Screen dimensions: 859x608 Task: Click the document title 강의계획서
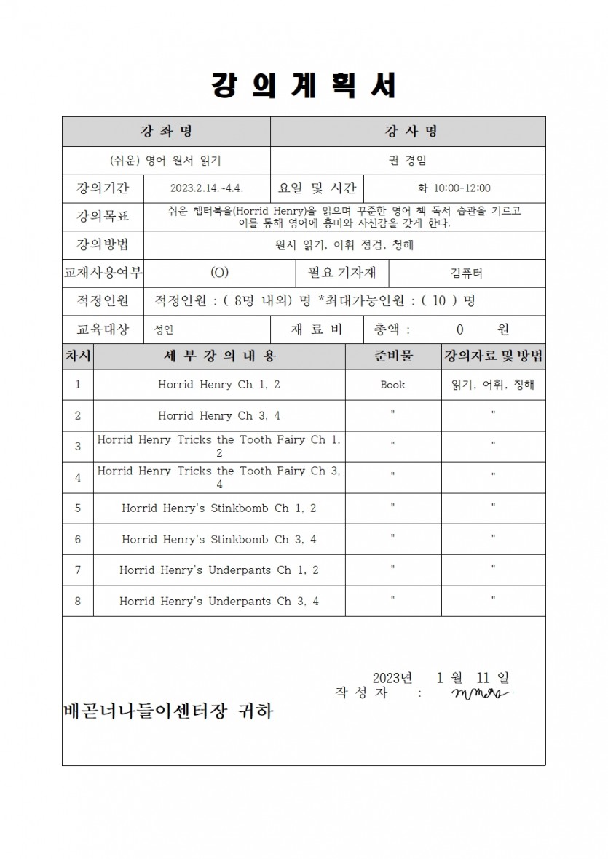tap(304, 86)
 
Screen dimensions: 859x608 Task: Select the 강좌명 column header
tap(166, 132)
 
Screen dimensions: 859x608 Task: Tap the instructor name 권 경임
tap(408, 161)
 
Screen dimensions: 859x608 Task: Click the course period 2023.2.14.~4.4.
tap(208, 188)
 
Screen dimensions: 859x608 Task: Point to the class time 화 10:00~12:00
tap(454, 188)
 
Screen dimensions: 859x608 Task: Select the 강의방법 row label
tap(103, 245)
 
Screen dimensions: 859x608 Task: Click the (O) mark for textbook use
tap(219, 273)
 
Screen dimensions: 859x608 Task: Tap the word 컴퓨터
tap(466, 273)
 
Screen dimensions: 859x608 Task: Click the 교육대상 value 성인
tap(164, 329)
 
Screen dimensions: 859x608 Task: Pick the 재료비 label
tap(316, 329)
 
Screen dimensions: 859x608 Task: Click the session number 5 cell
tap(78, 508)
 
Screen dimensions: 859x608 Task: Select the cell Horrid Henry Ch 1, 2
tap(218, 385)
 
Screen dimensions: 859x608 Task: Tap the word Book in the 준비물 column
tap(392, 385)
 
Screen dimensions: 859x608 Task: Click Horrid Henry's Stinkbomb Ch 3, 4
tap(218, 539)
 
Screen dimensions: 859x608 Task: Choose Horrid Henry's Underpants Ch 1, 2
tap(218, 570)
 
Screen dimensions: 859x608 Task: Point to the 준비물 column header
tap(393, 356)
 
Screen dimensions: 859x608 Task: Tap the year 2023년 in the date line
tap(392, 678)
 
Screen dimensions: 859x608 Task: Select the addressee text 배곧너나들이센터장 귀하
tap(168, 711)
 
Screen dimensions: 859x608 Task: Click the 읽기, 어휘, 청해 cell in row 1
tap(493, 385)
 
